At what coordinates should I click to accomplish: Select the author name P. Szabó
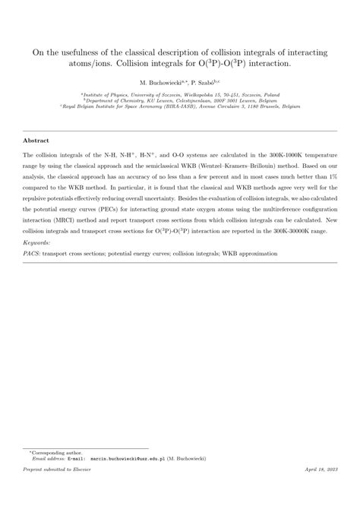[202, 81]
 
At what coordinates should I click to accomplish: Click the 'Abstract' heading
[36, 141]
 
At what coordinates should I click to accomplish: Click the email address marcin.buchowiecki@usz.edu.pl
[137, 480]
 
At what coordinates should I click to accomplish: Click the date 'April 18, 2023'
[320, 493]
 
